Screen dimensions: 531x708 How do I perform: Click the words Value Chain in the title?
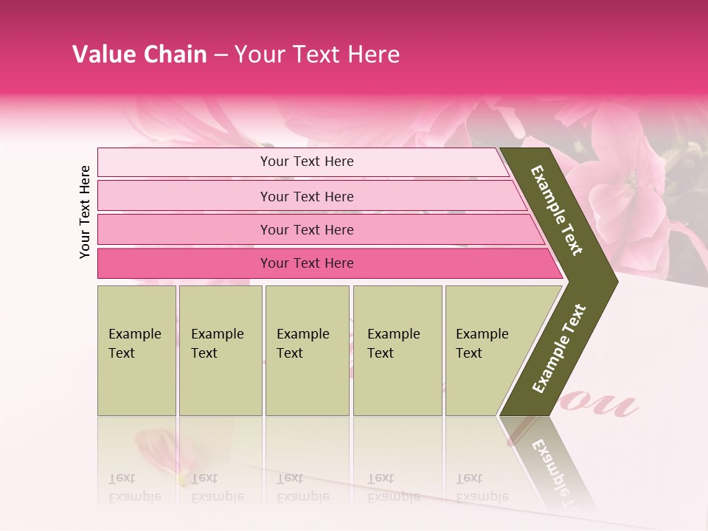click(139, 55)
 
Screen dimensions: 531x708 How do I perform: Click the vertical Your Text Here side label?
click(85, 212)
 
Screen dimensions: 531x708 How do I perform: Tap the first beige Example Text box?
click(136, 350)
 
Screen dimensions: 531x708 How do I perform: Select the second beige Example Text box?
click(221, 350)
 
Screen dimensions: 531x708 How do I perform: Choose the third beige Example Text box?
click(307, 350)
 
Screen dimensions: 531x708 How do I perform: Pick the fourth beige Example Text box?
click(398, 350)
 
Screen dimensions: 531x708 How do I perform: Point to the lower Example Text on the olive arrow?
click(559, 348)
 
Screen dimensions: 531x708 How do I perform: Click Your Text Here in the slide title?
click(317, 55)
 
